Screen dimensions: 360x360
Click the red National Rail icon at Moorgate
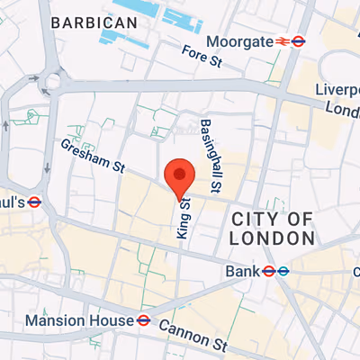pos(282,41)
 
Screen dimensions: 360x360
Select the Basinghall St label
pos(211,158)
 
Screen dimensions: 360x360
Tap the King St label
pos(184,217)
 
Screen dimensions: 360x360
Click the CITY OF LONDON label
pos(273,229)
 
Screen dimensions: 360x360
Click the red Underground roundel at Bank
pos(267,270)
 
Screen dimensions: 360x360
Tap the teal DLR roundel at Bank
pos(283,270)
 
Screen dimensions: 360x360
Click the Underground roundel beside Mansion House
pos(142,319)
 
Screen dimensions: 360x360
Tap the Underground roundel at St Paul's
pos(35,202)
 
